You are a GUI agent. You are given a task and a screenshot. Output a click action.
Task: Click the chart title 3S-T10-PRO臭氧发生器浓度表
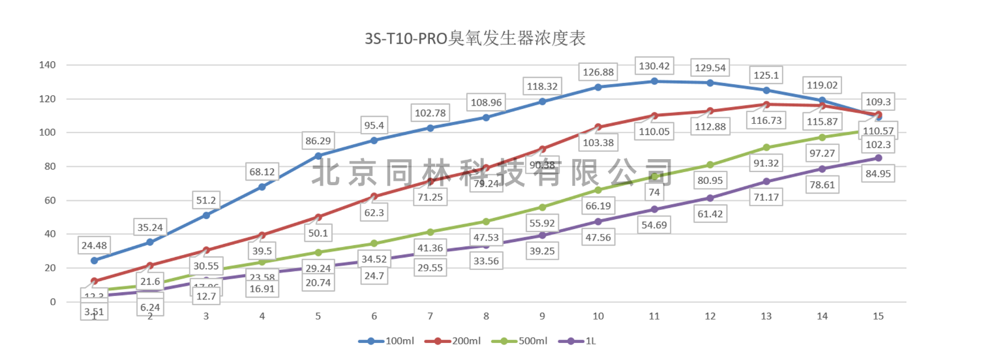tap(475, 38)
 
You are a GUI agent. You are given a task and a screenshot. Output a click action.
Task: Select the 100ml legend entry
tap(385, 340)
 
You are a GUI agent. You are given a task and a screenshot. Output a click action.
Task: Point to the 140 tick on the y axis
tap(48, 65)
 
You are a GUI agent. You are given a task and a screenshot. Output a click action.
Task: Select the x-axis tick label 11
tap(654, 316)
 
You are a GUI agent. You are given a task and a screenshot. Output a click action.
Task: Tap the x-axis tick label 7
tap(430, 316)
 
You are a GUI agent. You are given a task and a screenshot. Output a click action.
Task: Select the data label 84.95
tap(879, 173)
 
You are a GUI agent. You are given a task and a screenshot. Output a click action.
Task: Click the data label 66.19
tap(598, 206)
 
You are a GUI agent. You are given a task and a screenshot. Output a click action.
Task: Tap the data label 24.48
tap(95, 245)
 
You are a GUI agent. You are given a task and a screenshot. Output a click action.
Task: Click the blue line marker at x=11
tap(654, 81)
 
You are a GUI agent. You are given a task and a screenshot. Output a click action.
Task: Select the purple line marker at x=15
tap(879, 158)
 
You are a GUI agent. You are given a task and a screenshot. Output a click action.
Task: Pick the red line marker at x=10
tap(598, 127)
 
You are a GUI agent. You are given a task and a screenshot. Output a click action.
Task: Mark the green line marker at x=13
tap(766, 147)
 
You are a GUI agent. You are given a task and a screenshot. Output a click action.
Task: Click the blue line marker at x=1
tap(95, 260)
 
